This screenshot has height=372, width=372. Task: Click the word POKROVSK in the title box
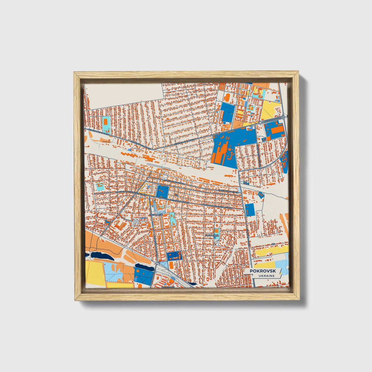tap(262, 271)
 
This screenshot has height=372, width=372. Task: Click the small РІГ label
tap(274, 243)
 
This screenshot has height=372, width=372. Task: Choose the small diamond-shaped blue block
tap(261, 195)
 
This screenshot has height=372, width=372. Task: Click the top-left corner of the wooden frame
tap(75, 73)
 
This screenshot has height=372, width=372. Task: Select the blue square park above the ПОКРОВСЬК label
tap(163, 191)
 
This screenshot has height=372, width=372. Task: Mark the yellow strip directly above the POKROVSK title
tap(265, 265)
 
